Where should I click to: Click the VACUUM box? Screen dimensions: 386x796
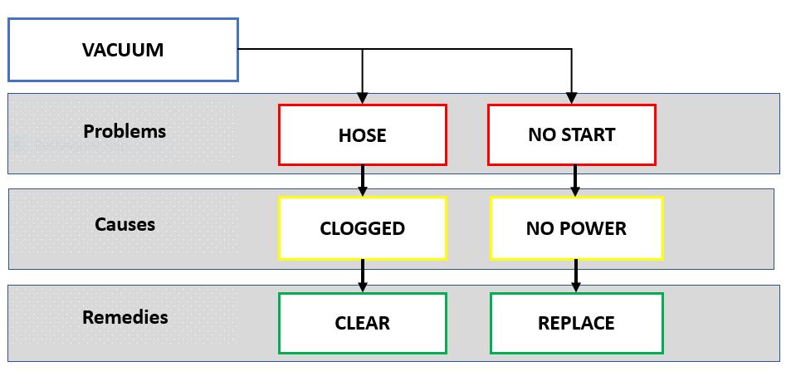pos(123,50)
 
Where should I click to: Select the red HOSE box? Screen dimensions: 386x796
pos(363,134)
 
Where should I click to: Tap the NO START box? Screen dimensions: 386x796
pos(572,134)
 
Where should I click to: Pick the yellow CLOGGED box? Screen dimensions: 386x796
pos(363,228)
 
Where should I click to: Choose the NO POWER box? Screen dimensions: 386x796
pos(576,228)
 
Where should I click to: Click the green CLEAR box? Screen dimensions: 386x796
pos(363,323)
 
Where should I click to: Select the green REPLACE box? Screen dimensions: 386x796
pos(576,323)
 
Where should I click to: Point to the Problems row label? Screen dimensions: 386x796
pos(125,131)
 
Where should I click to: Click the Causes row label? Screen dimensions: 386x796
pos(125,224)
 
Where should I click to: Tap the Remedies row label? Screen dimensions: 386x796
pos(125,317)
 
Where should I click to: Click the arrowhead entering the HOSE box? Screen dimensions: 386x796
pos(363,97)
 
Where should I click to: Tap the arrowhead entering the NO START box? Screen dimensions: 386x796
pos(572,97)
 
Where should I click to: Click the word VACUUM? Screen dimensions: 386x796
pos(123,50)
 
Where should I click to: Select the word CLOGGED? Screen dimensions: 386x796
pos(363,228)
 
